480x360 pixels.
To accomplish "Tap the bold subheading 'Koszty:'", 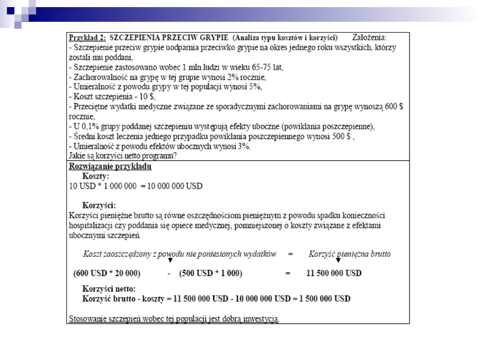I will [96, 176].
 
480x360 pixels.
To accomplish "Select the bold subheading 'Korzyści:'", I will [99, 206].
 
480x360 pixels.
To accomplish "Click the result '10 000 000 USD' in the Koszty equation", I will [172, 186].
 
